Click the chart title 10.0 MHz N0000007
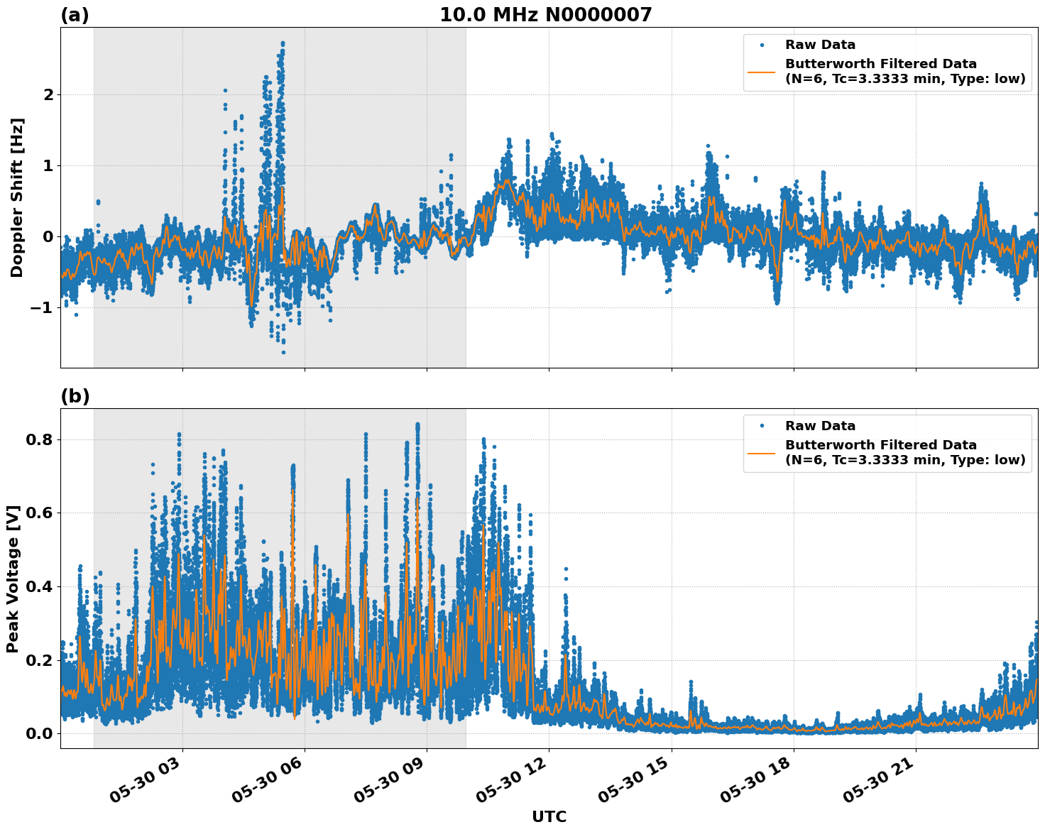coord(545,15)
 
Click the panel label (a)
coord(75,16)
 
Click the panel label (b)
coord(75,397)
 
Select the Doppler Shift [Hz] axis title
coord(17,197)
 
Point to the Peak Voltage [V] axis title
coord(13,579)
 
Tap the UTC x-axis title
coord(549,817)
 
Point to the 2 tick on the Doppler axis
coord(49,94)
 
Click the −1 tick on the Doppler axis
coord(43,307)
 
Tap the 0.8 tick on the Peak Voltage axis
coord(40,439)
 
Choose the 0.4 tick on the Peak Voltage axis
coord(40,586)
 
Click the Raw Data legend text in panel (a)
coord(820,45)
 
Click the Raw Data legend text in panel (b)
coord(820,426)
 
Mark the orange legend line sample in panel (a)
coord(761,72)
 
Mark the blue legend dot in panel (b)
coord(761,426)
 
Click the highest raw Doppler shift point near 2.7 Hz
coord(283,43)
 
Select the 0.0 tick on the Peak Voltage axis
coord(40,733)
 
